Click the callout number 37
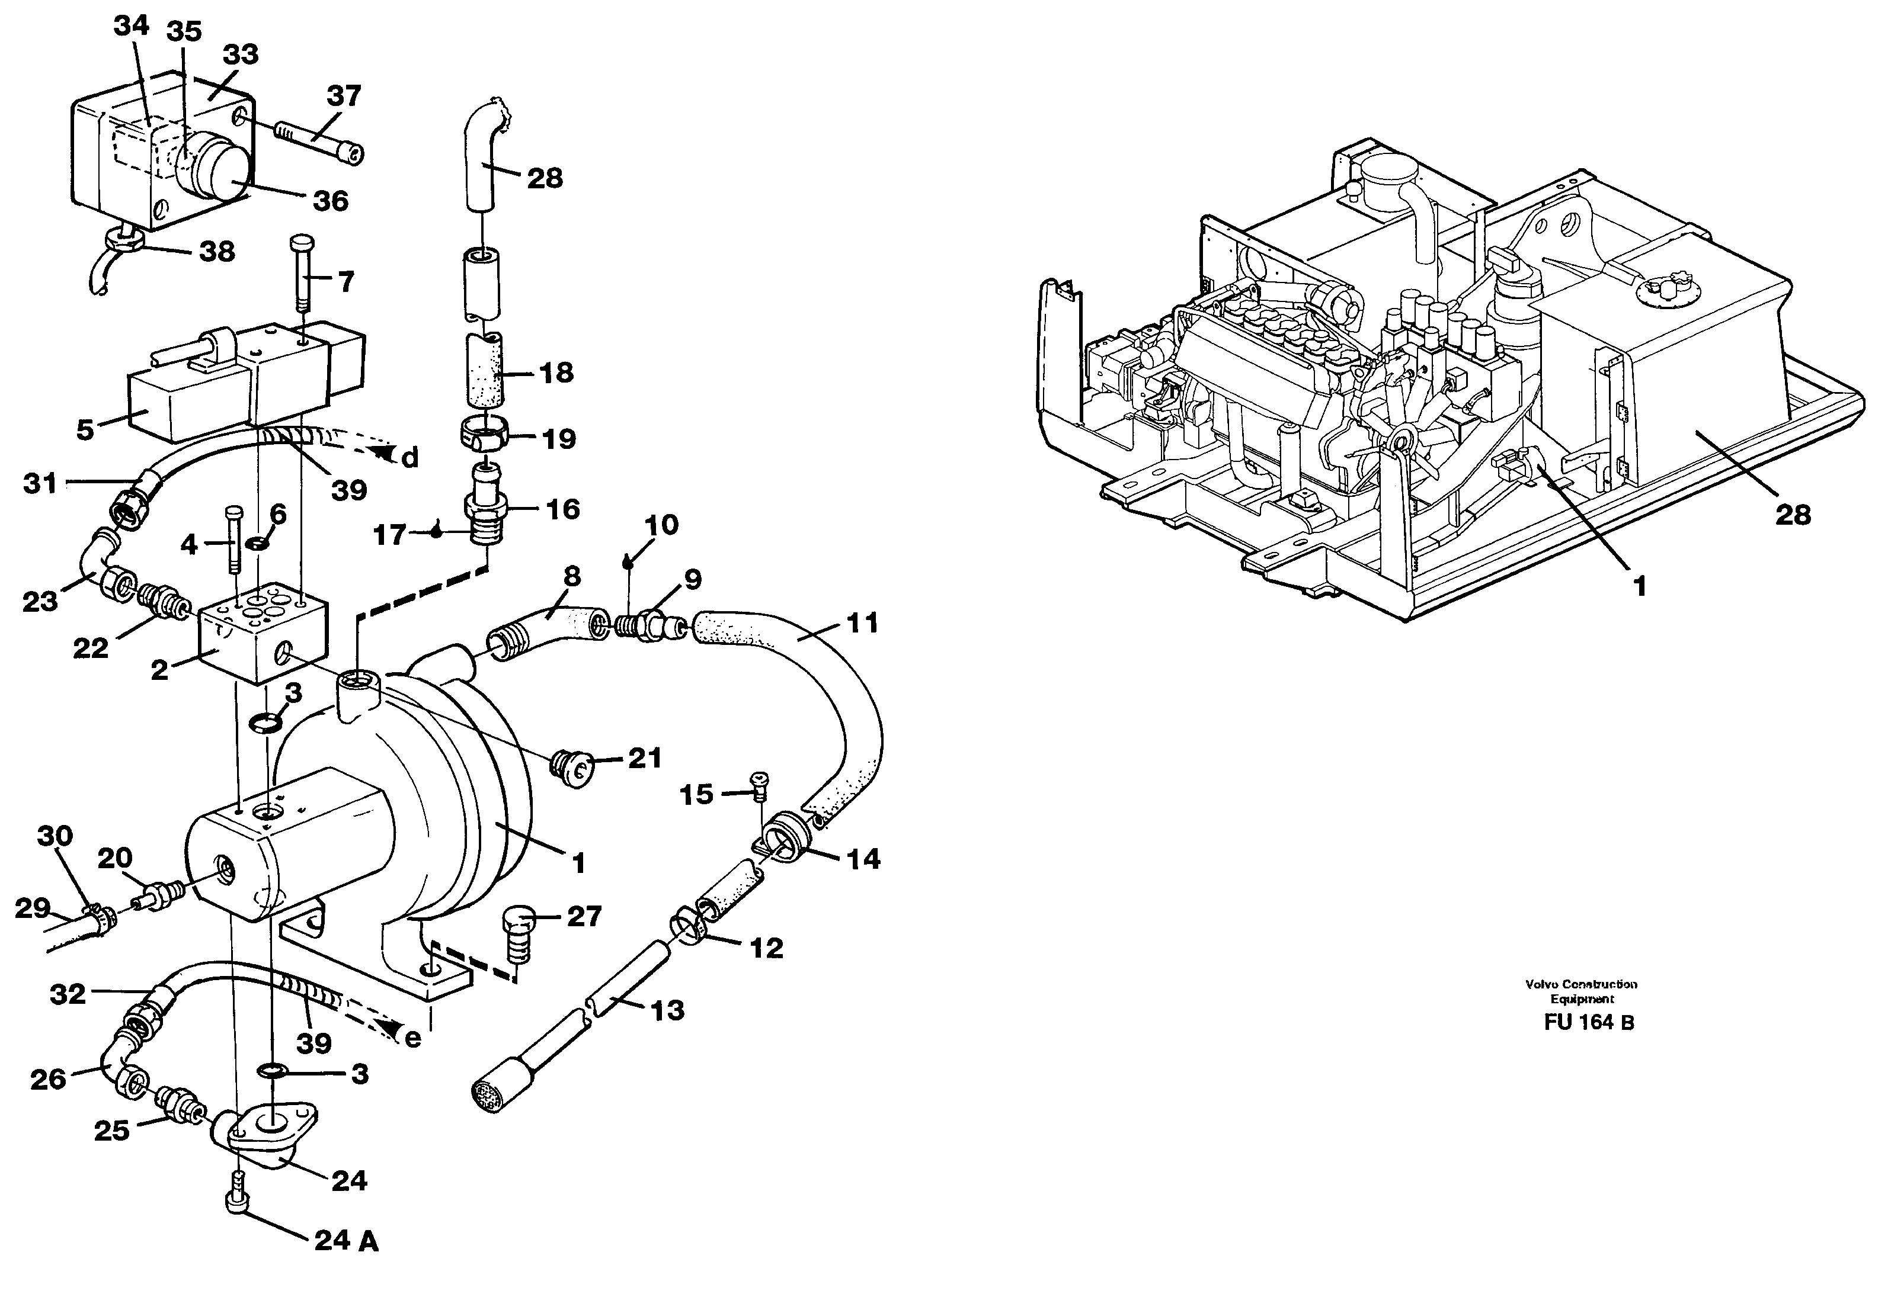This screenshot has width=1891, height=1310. tap(343, 97)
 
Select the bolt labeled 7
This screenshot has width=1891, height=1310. tap(302, 271)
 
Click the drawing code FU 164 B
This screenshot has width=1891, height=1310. tap(1588, 1023)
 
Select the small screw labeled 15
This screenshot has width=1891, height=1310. tap(759, 786)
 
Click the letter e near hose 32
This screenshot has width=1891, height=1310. tap(413, 1038)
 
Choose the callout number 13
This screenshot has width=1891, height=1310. tap(666, 1010)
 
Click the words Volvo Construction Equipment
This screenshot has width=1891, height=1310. tap(1580, 991)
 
